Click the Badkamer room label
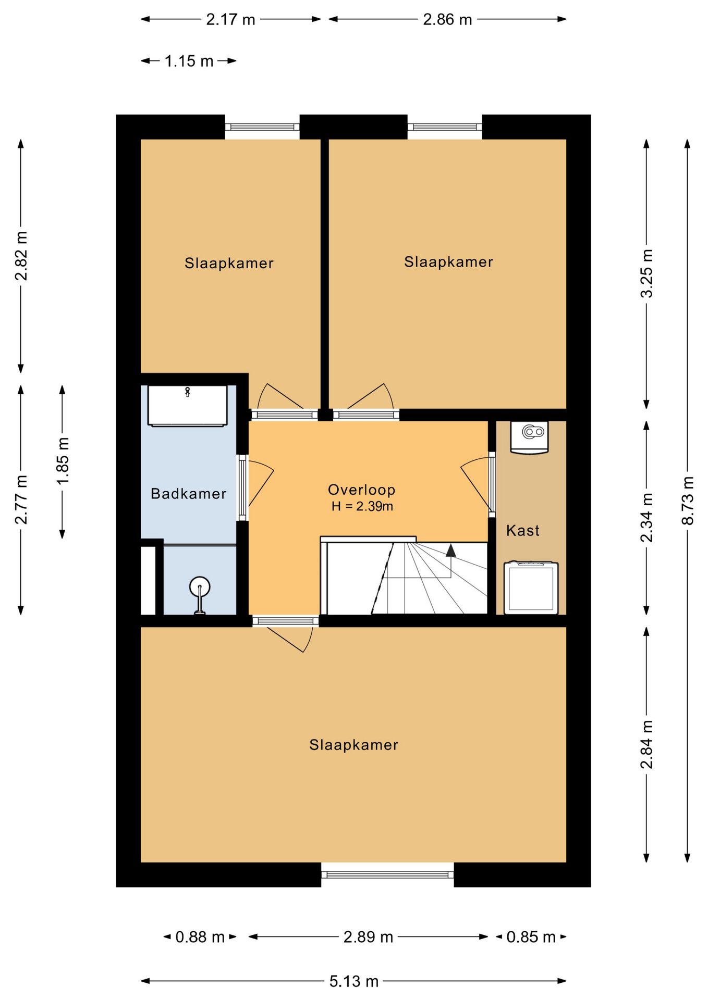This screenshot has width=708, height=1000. tap(188, 494)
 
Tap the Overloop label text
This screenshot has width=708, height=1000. tap(361, 490)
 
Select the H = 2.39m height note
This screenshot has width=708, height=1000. tap(362, 506)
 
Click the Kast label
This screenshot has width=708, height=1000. tap(522, 531)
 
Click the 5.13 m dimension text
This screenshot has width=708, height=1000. tap(353, 982)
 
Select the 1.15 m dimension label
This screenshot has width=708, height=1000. tap(189, 61)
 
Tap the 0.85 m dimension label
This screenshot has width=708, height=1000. tap(531, 937)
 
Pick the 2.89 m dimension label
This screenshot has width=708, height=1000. tap(368, 937)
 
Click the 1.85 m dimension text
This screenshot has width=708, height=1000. tap(63, 461)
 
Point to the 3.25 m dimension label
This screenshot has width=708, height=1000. tap(646, 274)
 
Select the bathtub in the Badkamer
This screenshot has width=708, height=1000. tap(188, 406)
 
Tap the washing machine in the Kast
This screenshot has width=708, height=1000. tap(531, 587)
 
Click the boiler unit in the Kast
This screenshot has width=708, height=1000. tap(530, 436)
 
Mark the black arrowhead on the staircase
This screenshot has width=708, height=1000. tap(450, 551)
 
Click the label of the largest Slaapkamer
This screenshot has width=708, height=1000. tap(353, 745)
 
